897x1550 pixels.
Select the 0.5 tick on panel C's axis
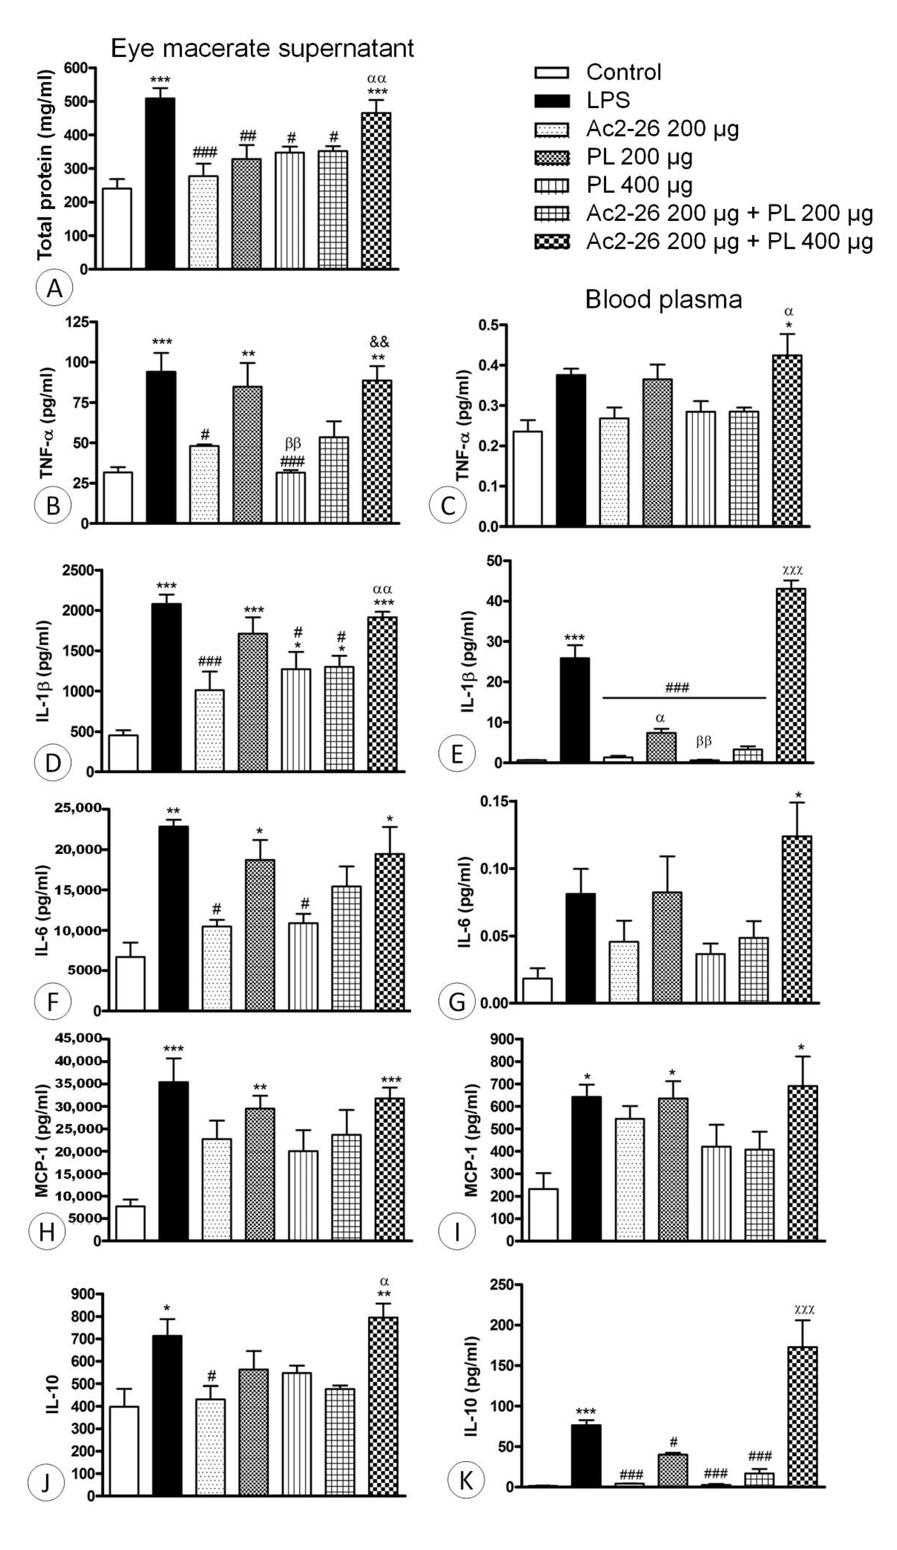pos(489,325)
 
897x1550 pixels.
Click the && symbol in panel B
pos(379,342)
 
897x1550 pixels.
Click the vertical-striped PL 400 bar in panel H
pos(303,1195)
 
